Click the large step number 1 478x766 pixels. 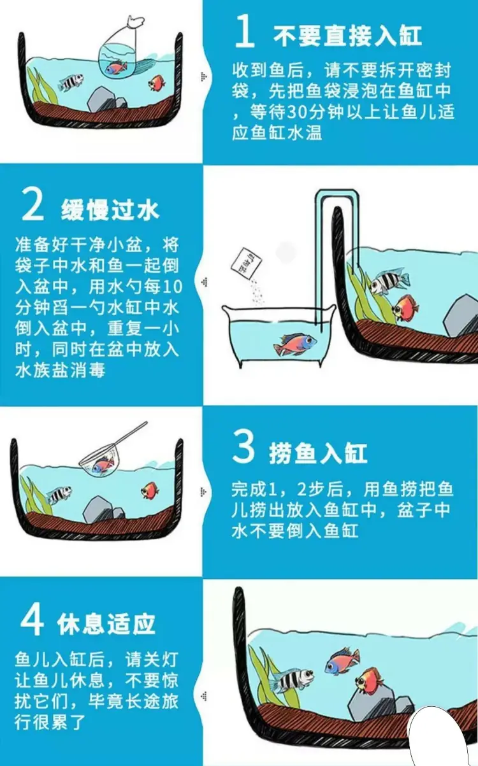[x=245, y=31]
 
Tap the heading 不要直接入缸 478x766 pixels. [x=347, y=36]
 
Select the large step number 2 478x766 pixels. [x=33, y=205]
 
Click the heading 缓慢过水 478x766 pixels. [x=110, y=209]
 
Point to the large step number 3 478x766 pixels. [x=243, y=446]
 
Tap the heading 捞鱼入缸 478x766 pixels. [x=318, y=453]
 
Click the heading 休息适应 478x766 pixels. [x=106, y=624]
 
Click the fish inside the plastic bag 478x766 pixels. [x=116, y=67]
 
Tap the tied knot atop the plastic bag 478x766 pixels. [x=135, y=22]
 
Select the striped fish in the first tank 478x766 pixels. [x=71, y=82]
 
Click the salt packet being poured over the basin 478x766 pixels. [x=245, y=262]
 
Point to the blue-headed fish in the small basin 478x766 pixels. [x=295, y=343]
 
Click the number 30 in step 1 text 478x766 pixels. [x=296, y=112]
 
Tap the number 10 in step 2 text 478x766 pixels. [x=173, y=287]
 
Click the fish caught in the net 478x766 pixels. [x=103, y=465]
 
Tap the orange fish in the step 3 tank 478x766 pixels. [x=150, y=490]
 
